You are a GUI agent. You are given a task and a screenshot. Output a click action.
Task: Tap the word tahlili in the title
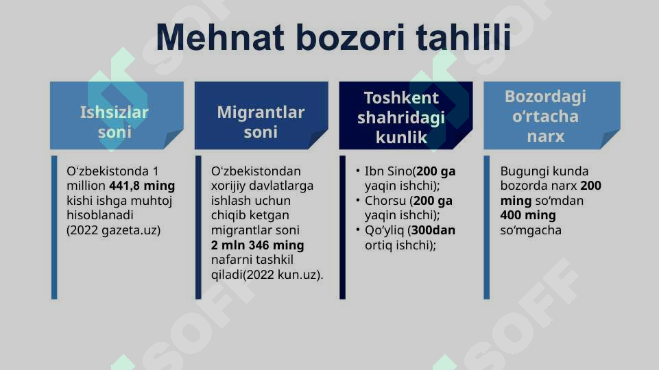pos(464,38)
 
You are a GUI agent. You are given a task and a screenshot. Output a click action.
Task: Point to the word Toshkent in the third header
pos(401,97)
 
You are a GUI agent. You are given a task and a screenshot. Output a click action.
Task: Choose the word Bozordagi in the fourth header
pos(545,97)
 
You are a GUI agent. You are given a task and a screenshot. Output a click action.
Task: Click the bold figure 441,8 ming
pos(142,186)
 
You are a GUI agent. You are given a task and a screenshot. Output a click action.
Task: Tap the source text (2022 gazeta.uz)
pos(113,230)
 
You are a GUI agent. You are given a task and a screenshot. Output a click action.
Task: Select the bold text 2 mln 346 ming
pos(257,245)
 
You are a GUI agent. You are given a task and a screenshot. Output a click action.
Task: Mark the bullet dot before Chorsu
pos(358,201)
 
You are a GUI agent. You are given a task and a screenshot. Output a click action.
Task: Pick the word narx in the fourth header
pos(545,136)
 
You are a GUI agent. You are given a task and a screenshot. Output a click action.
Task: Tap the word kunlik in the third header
pos(401,138)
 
